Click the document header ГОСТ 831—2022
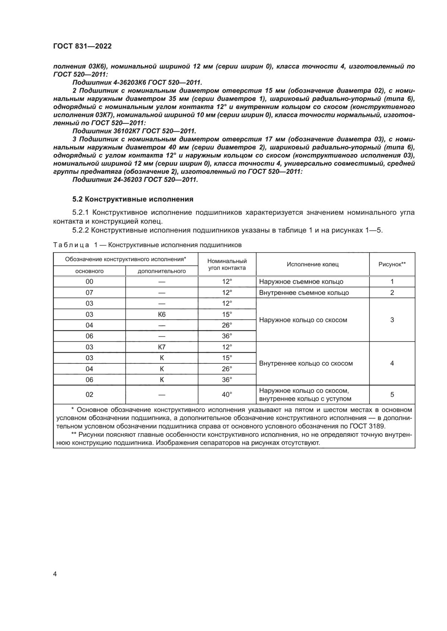(x=82, y=46)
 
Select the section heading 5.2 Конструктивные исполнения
(x=133, y=199)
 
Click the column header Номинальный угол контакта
(x=227, y=265)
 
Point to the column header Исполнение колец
(x=313, y=265)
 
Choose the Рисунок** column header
(x=392, y=265)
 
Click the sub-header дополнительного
(x=162, y=271)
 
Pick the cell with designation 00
(x=89, y=282)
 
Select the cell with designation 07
(x=89, y=292)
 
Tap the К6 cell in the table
(x=162, y=314)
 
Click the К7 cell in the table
(x=162, y=347)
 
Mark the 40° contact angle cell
(x=227, y=395)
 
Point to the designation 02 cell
(x=89, y=395)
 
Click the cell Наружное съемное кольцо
(x=301, y=282)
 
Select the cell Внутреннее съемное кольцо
(x=304, y=292)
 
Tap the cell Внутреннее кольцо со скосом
(x=306, y=363)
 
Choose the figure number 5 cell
(x=392, y=395)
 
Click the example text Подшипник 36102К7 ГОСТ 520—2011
(x=134, y=131)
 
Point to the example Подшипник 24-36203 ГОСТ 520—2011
(x=135, y=180)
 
